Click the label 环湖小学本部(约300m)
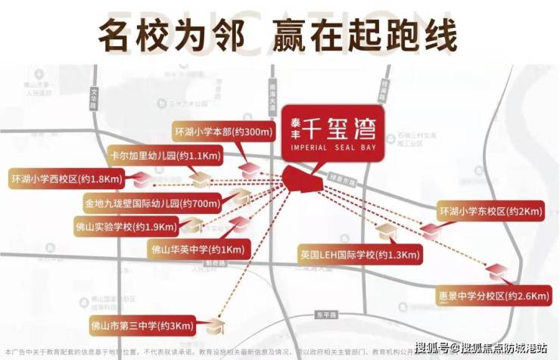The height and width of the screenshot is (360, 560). tap(222, 132)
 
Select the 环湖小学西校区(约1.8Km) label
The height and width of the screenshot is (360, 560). tap(65, 179)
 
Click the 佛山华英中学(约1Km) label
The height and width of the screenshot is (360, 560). tap(198, 249)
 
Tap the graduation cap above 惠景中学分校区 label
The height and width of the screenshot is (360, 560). tap(497, 271)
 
